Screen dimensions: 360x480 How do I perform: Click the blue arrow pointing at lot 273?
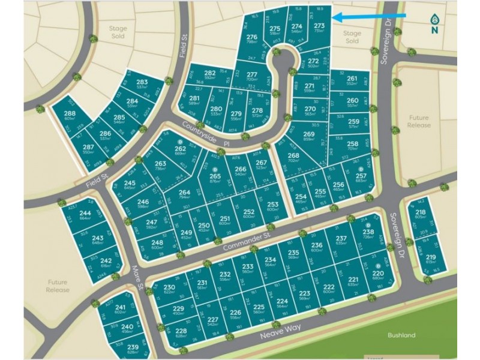click(x=368, y=17)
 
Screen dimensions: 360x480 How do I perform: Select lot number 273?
click(x=319, y=28)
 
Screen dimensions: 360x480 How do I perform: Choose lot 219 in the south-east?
click(x=431, y=259)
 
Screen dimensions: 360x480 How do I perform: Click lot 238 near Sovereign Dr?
click(x=368, y=235)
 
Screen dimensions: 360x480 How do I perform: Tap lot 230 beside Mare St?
click(x=169, y=290)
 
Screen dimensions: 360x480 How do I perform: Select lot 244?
click(x=85, y=217)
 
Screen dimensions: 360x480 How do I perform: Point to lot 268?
click(x=295, y=158)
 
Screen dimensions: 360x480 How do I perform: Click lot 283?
click(x=142, y=85)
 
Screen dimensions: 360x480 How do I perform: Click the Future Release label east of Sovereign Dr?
click(x=419, y=122)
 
